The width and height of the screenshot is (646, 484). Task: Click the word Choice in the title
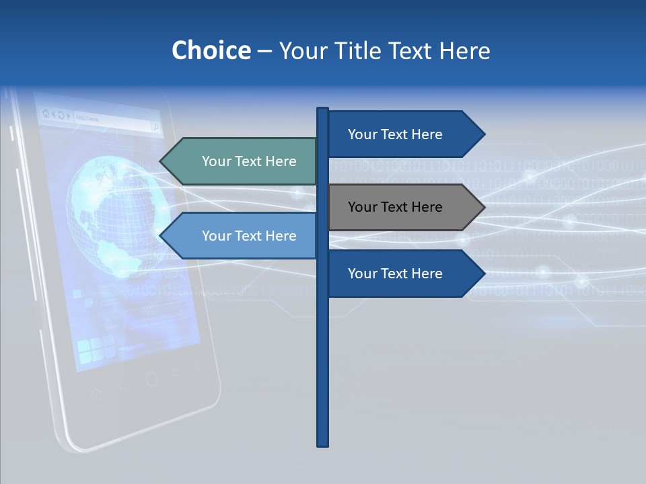tap(211, 50)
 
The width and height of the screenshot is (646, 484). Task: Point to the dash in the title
tap(264, 51)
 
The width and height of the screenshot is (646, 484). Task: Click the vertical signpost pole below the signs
tap(323, 370)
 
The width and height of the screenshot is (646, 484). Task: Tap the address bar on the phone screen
tap(111, 120)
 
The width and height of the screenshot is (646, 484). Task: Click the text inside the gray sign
tap(395, 207)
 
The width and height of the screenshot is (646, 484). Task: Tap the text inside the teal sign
tap(249, 161)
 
